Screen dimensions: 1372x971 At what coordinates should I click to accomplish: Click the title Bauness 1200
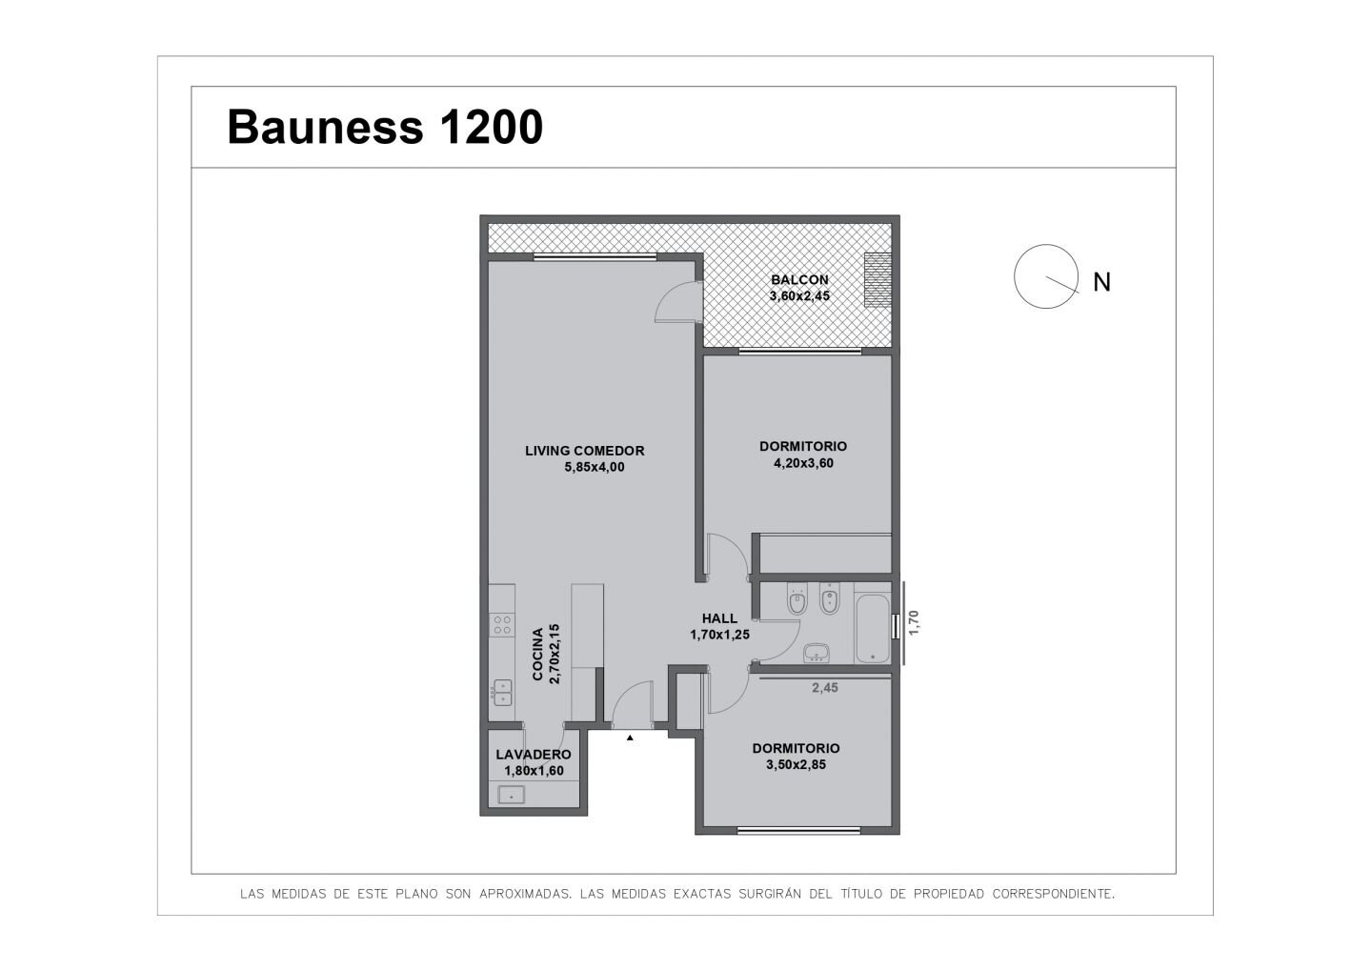pyautogui.click(x=385, y=127)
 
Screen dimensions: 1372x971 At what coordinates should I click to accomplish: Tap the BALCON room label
pyautogui.click(x=799, y=279)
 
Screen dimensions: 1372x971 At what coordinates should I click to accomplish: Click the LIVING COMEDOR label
pyautogui.click(x=584, y=451)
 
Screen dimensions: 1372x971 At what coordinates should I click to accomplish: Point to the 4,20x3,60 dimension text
pyautogui.click(x=803, y=463)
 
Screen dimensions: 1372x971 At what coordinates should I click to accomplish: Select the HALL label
pyautogui.click(x=719, y=618)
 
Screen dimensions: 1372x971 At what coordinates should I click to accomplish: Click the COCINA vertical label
pyautogui.click(x=537, y=654)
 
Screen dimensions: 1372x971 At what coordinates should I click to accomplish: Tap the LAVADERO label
pyautogui.click(x=533, y=754)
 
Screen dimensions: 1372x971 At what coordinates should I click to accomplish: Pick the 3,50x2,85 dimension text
pyautogui.click(x=796, y=764)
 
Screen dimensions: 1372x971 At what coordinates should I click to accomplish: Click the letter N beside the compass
pyautogui.click(x=1101, y=282)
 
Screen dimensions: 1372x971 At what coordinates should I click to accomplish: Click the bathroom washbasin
pyautogui.click(x=816, y=653)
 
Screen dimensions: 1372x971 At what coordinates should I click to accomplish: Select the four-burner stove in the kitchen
pyautogui.click(x=501, y=625)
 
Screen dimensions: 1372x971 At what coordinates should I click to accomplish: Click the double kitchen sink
pyautogui.click(x=502, y=692)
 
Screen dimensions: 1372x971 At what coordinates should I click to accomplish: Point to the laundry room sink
pyautogui.click(x=511, y=795)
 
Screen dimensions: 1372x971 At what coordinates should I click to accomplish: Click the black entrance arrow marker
pyautogui.click(x=630, y=738)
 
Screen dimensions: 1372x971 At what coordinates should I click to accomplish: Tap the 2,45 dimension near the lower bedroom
pyautogui.click(x=824, y=687)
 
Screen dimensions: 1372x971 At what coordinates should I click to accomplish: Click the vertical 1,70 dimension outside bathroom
pyautogui.click(x=914, y=622)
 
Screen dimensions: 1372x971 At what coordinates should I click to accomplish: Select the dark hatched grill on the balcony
pyautogui.click(x=878, y=280)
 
